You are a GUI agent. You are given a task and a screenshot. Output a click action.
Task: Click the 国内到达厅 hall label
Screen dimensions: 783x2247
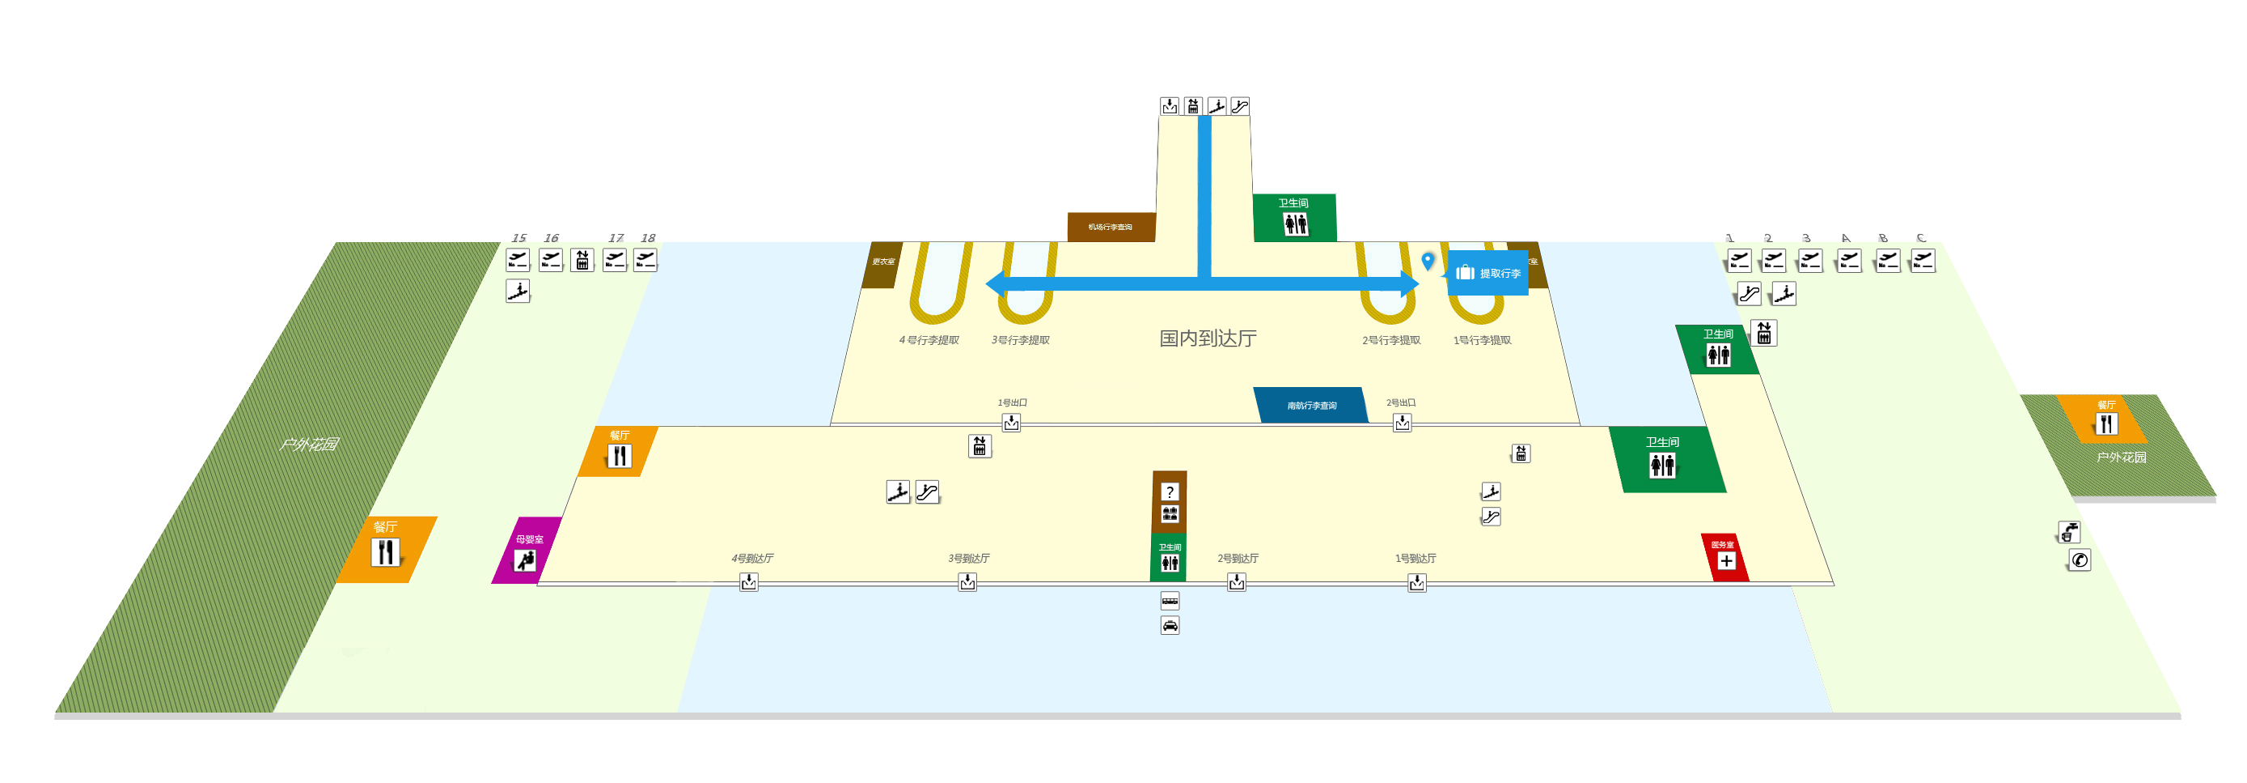click(1208, 338)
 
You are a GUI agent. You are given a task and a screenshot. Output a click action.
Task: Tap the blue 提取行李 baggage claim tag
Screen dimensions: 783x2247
click(1488, 273)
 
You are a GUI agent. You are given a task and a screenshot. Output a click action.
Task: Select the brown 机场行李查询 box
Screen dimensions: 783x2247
click(1111, 227)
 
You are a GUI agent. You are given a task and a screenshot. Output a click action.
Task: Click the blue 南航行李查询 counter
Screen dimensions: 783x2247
click(1310, 405)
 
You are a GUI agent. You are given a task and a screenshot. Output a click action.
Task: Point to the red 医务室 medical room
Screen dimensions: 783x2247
click(1724, 557)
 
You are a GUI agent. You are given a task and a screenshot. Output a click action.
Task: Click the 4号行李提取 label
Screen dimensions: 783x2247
click(929, 339)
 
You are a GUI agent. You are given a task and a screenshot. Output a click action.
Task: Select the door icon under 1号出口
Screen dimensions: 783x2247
click(1011, 423)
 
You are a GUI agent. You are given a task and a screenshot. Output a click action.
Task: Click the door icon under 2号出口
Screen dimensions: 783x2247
click(1402, 423)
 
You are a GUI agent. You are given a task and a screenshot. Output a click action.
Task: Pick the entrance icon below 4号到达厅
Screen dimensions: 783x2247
click(748, 582)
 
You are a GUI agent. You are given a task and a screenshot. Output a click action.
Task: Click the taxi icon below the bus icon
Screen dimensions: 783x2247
click(1170, 625)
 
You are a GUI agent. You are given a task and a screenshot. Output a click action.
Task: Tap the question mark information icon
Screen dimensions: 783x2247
click(1170, 492)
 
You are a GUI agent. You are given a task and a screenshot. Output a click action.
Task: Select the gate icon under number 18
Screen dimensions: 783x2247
click(645, 260)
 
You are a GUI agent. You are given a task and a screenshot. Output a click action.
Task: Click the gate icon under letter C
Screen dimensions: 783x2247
click(1923, 260)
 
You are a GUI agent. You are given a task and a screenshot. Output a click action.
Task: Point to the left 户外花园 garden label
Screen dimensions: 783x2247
click(309, 445)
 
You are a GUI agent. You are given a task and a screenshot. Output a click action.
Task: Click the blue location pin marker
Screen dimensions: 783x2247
click(1428, 260)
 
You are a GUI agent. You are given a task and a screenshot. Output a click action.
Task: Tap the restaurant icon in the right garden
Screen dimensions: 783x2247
click(2106, 424)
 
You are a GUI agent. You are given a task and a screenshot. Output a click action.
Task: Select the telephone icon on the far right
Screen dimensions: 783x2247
click(2080, 560)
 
